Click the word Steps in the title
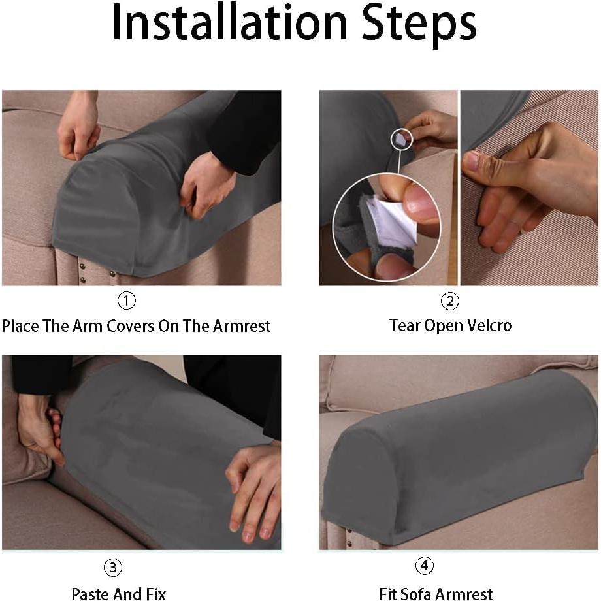tap(419, 25)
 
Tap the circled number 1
tap(126, 300)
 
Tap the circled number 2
tap(450, 301)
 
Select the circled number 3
tap(113, 567)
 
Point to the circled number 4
tap(425, 566)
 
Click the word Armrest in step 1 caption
tap(242, 326)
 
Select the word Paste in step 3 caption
tap(90, 594)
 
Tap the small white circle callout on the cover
tap(402, 138)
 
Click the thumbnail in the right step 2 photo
tap(473, 161)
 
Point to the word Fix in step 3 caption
tap(156, 594)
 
